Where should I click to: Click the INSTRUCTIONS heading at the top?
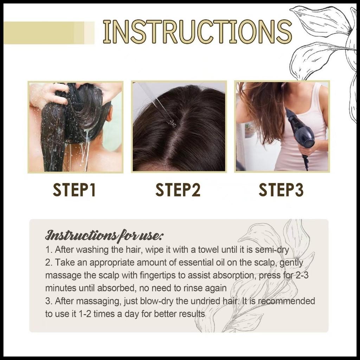tap(197, 32)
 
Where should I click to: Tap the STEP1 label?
tap(74, 189)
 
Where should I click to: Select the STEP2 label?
tap(178, 189)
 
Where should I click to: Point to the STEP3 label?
tap(281, 189)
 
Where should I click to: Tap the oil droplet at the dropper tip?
tap(173, 124)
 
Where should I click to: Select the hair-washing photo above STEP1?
tap(76, 127)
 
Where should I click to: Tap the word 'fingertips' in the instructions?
tap(158, 276)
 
